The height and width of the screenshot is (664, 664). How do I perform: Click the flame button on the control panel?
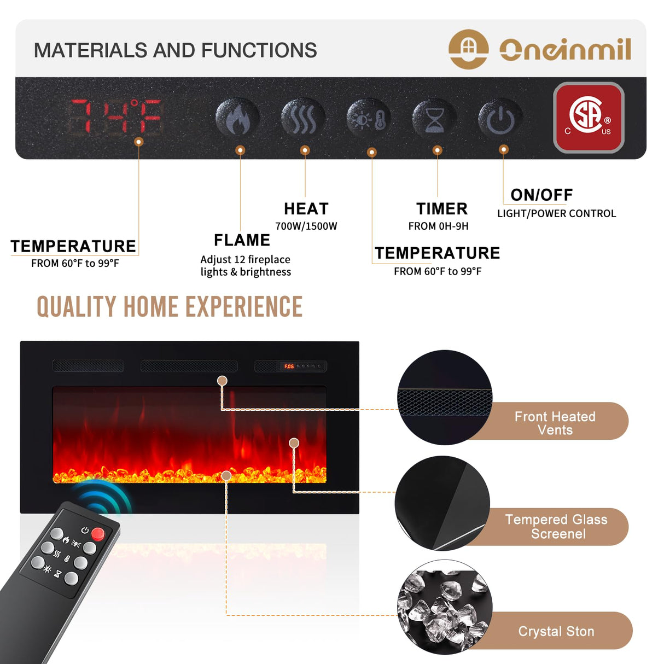pos(237,118)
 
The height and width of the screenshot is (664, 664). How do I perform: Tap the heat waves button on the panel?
pos(302,118)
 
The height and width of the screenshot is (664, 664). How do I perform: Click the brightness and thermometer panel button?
pos(369,118)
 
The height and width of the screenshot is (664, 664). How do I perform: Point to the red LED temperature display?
pos(116,117)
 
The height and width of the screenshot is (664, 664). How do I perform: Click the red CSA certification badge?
pos(589,118)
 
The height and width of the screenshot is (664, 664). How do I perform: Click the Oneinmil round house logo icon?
pos(468,49)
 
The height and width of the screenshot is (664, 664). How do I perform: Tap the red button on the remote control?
pos(98,533)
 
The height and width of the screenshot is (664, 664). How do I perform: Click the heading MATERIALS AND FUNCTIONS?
pos(175,50)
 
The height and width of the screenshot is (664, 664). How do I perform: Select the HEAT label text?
pos(306,209)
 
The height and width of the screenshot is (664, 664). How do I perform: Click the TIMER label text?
pos(441,209)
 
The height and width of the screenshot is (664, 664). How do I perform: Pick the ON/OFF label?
pos(541,195)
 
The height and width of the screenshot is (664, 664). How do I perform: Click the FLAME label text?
pos(242,240)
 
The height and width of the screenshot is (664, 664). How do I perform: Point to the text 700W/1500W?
pos(306,226)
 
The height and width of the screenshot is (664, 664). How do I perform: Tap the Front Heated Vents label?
pos(555,423)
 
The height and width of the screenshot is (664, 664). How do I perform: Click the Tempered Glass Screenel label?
pos(556,526)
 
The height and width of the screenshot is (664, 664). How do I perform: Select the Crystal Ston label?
pos(556,631)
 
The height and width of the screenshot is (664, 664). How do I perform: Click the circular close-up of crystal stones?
pos(444,607)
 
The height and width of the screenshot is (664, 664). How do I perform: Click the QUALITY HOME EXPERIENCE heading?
pos(170,307)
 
